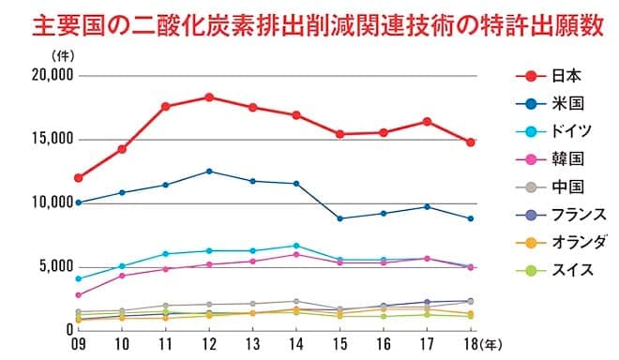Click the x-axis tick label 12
point(208,344)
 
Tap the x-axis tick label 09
point(79,344)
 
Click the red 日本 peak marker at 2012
point(208,97)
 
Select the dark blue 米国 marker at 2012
point(208,172)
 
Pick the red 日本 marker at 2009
point(79,178)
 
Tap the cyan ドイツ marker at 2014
point(295,246)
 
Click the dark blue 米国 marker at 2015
point(340,218)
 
